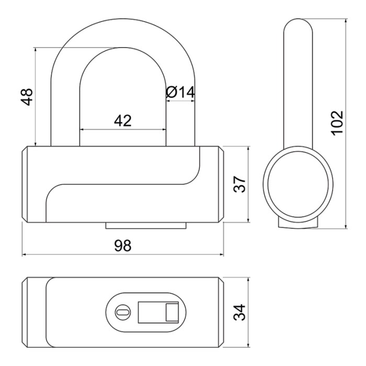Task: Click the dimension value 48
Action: pyautogui.click(x=26, y=97)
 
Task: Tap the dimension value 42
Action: pyautogui.click(x=123, y=120)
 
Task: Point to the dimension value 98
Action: pyautogui.click(x=123, y=246)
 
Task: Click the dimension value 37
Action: pyautogui.click(x=239, y=184)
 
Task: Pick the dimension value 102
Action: pyautogui.click(x=337, y=123)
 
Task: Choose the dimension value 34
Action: pyautogui.click(x=239, y=312)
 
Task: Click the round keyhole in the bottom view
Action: pyautogui.click(x=123, y=312)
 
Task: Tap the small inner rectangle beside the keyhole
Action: pyautogui.click(x=172, y=312)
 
